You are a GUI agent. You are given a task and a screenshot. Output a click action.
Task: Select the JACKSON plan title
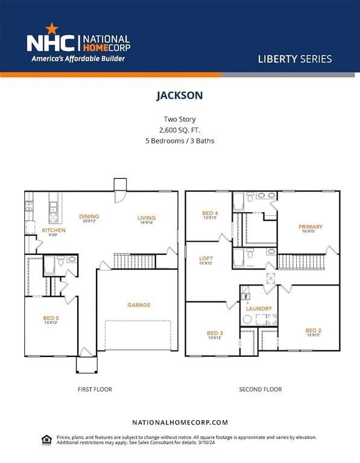[x=180, y=95]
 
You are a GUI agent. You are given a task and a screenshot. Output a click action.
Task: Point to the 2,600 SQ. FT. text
[x=180, y=130]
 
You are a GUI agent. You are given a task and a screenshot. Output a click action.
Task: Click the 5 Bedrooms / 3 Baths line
[x=180, y=141]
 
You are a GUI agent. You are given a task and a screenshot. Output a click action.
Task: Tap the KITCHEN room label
[x=54, y=231]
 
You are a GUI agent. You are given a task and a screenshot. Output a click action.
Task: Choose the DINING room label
[x=89, y=216]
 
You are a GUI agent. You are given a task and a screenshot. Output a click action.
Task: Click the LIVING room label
[x=147, y=218]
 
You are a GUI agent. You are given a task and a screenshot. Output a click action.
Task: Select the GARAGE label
[x=139, y=305]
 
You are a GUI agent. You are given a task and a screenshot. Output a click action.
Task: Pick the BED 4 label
[x=209, y=213]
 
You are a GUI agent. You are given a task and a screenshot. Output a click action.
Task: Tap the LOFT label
[x=206, y=258]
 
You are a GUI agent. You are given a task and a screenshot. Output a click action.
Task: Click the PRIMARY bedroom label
[x=311, y=227]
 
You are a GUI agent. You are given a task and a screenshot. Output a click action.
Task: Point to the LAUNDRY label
[x=259, y=309]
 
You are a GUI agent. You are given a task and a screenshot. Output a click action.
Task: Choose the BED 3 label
[x=215, y=333]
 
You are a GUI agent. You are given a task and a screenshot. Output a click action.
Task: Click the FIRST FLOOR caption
[x=95, y=389]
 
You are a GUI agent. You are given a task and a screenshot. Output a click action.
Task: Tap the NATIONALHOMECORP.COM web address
[x=180, y=423]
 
